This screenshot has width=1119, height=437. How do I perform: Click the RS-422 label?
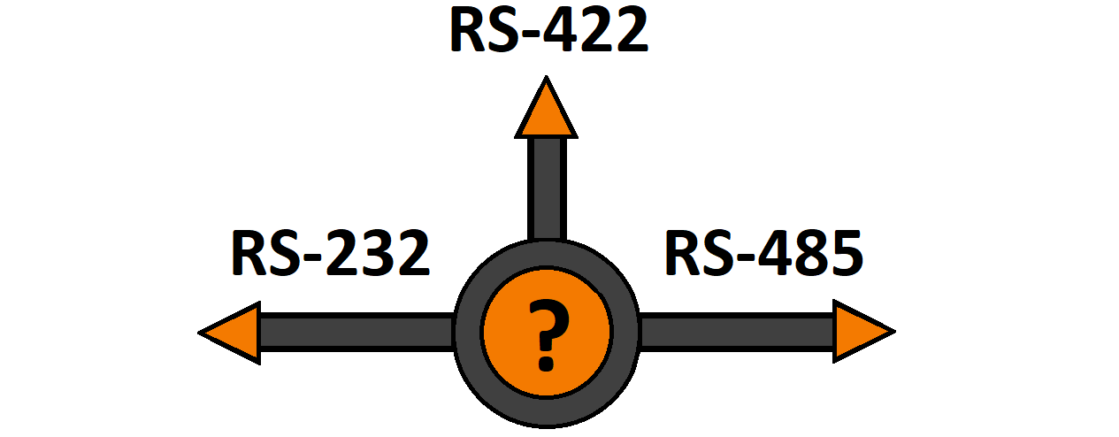tap(548, 32)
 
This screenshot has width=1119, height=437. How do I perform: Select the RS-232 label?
tap(330, 254)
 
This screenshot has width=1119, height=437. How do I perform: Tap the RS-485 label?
tap(763, 254)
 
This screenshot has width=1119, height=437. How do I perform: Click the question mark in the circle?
tap(547, 333)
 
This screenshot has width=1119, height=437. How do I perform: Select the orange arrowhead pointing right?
tap(858, 332)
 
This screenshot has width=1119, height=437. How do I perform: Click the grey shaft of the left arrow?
tap(354, 333)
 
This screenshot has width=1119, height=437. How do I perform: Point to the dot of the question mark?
tap(546, 363)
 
